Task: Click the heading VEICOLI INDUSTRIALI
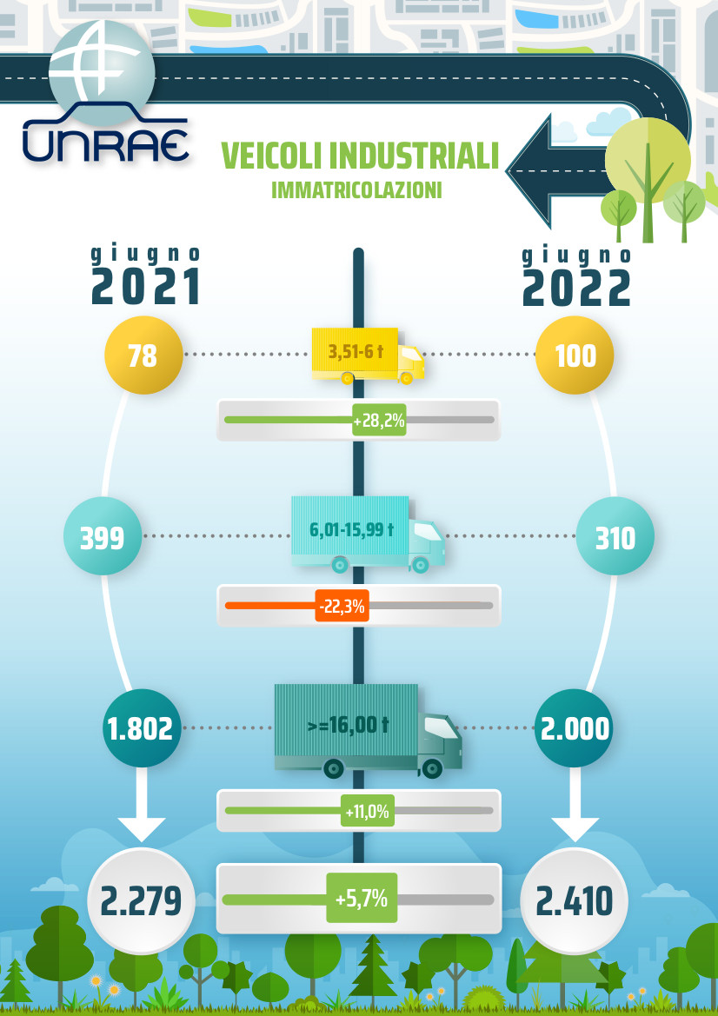coord(360,156)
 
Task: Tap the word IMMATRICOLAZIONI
coord(356,189)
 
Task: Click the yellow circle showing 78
coord(143,355)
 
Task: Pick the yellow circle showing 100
coord(575,355)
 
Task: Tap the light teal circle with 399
coord(103,536)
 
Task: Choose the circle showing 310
coord(615,536)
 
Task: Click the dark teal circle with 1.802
coord(142,728)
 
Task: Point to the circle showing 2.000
coord(575,728)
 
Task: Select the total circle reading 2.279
coord(142,900)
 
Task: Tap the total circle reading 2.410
coord(575,900)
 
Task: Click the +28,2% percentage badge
coord(379,420)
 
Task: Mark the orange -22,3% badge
coord(342,606)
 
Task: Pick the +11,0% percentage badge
coord(368,811)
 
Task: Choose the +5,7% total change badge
coord(362,898)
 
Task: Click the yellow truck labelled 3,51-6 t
coord(368,355)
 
